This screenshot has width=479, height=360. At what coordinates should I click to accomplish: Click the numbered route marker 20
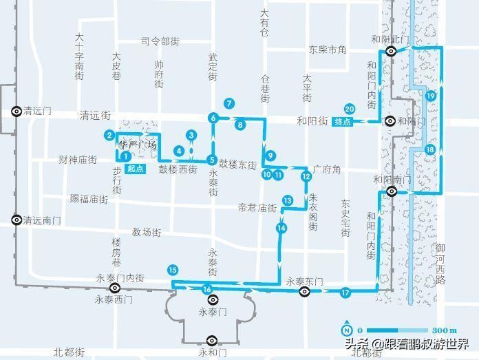coord(350,109)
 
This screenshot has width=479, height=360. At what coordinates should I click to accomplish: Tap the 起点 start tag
coord(136,169)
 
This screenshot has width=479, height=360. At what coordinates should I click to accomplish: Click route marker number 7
coord(229,104)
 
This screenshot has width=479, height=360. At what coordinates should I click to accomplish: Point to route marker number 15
coord(172,270)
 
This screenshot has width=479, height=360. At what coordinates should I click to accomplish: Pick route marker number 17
coord(345,293)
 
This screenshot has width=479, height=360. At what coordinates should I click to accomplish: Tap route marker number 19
coord(431,96)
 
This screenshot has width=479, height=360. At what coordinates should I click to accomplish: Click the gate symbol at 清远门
coord(16,110)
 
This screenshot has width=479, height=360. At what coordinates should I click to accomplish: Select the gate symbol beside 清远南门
coord(16,220)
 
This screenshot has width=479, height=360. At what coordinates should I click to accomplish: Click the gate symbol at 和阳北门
coord(391,52)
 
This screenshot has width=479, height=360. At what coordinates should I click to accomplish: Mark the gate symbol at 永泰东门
coord(304,292)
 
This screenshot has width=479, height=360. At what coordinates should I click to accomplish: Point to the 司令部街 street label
coord(160,41)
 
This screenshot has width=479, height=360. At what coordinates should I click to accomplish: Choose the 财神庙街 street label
coord(77,160)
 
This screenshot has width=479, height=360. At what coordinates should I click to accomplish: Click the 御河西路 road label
coord(440,264)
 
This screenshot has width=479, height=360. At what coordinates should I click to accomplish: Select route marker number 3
coord(191,136)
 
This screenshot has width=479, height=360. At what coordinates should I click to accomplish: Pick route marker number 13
coord(288,200)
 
